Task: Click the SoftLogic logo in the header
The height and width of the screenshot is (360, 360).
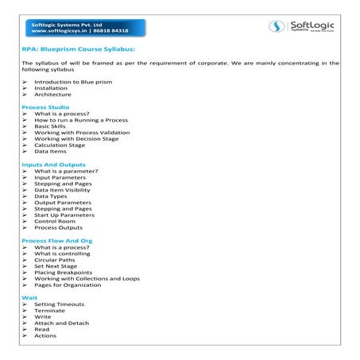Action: (306, 26)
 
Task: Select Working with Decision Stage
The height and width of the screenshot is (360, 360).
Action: (76, 138)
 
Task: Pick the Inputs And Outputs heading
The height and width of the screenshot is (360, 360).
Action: (53, 165)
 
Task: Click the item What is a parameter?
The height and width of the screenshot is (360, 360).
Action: (66, 171)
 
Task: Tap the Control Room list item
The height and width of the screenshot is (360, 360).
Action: (55, 221)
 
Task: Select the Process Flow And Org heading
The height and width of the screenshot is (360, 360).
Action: (57, 240)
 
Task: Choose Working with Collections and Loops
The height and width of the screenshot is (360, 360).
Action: (87, 278)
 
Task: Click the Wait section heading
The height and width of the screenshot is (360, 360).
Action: (29, 297)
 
